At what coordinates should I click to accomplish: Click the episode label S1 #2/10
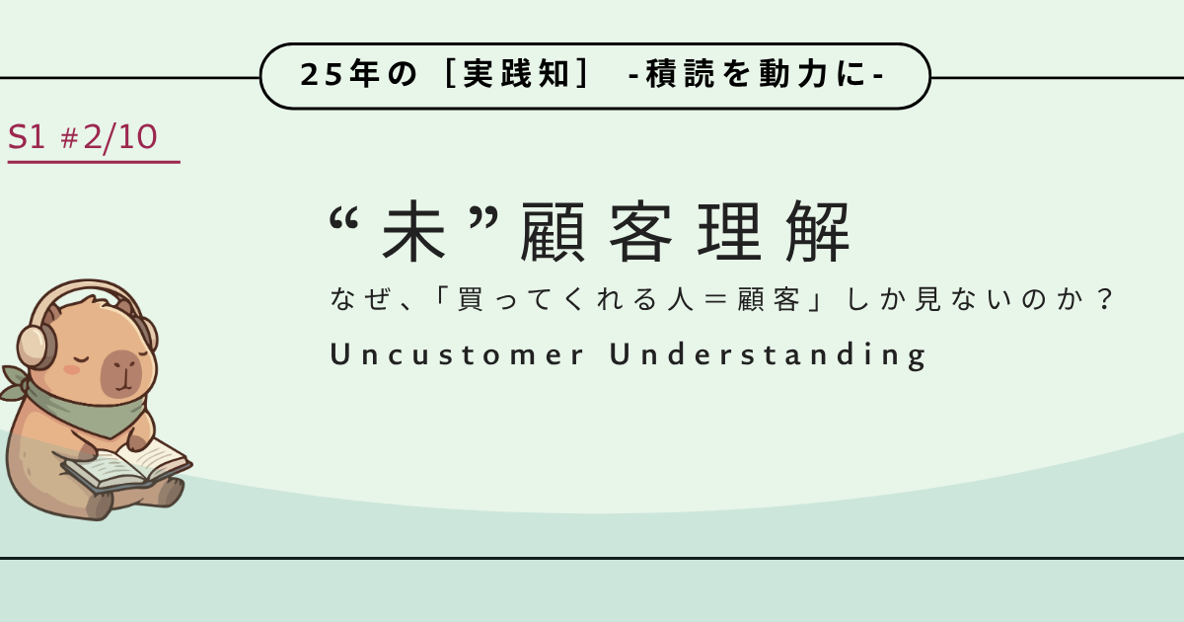click(83, 137)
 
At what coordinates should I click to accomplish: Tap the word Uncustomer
click(457, 353)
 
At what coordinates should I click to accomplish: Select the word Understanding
click(768, 354)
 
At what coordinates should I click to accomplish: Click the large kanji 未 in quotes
click(413, 231)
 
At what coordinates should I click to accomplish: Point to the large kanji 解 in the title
click(818, 231)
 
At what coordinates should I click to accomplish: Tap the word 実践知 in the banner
click(516, 73)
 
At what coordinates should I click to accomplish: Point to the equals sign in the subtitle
click(715, 299)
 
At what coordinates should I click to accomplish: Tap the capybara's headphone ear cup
click(36, 347)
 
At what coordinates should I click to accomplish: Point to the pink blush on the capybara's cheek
click(71, 369)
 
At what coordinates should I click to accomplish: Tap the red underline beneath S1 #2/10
click(94, 162)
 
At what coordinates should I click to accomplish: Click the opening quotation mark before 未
click(343, 218)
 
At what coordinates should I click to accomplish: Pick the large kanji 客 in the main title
click(640, 231)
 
